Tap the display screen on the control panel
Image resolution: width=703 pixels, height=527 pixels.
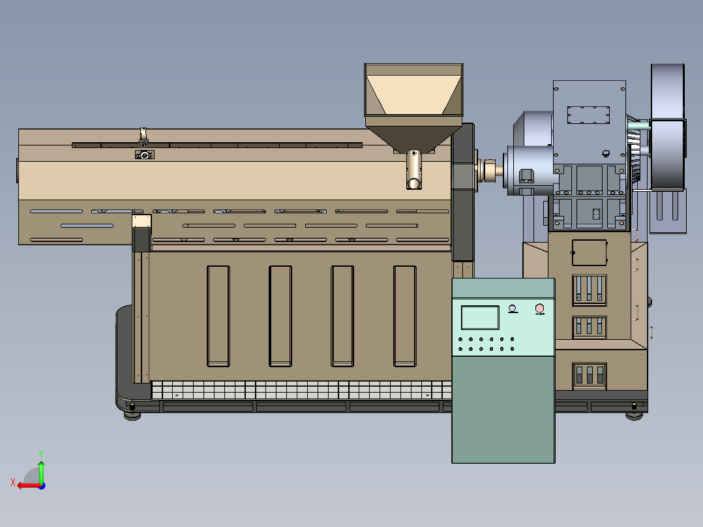(480, 317)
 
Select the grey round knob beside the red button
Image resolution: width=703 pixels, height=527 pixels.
(513, 309)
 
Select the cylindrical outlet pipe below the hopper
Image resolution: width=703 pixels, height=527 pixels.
(414, 171)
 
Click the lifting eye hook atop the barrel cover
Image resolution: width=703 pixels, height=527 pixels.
(143, 136)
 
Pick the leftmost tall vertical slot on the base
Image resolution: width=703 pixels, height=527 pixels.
(218, 316)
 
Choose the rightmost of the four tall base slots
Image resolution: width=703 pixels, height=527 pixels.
(404, 316)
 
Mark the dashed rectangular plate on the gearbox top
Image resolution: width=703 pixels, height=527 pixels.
(588, 115)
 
